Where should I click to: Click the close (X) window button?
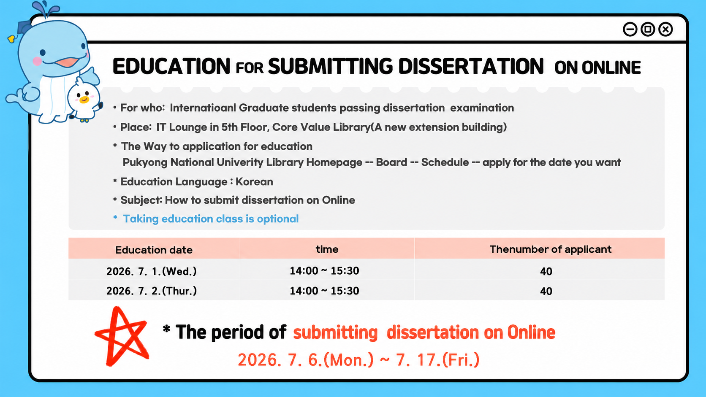pos(665,29)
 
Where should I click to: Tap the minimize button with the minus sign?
pos(630,29)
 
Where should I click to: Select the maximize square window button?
pos(648,29)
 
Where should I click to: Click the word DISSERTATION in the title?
pos(471,66)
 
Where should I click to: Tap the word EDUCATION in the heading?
pos(171,66)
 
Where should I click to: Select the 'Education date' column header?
pos(154,250)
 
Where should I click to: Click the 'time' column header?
pos(327,249)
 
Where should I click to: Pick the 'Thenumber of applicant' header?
pos(550,249)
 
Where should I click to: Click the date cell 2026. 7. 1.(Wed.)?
pos(151,271)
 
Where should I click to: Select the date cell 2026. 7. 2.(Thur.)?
pos(151,291)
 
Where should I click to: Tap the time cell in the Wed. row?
pos(324,271)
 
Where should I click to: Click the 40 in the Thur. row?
pos(546,291)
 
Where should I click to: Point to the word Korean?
pos(254,182)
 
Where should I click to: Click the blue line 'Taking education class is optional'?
pos(211,219)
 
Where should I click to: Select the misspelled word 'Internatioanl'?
pos(203,108)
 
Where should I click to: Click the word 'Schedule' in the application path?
pos(445,162)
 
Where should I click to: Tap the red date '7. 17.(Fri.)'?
pos(437,360)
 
